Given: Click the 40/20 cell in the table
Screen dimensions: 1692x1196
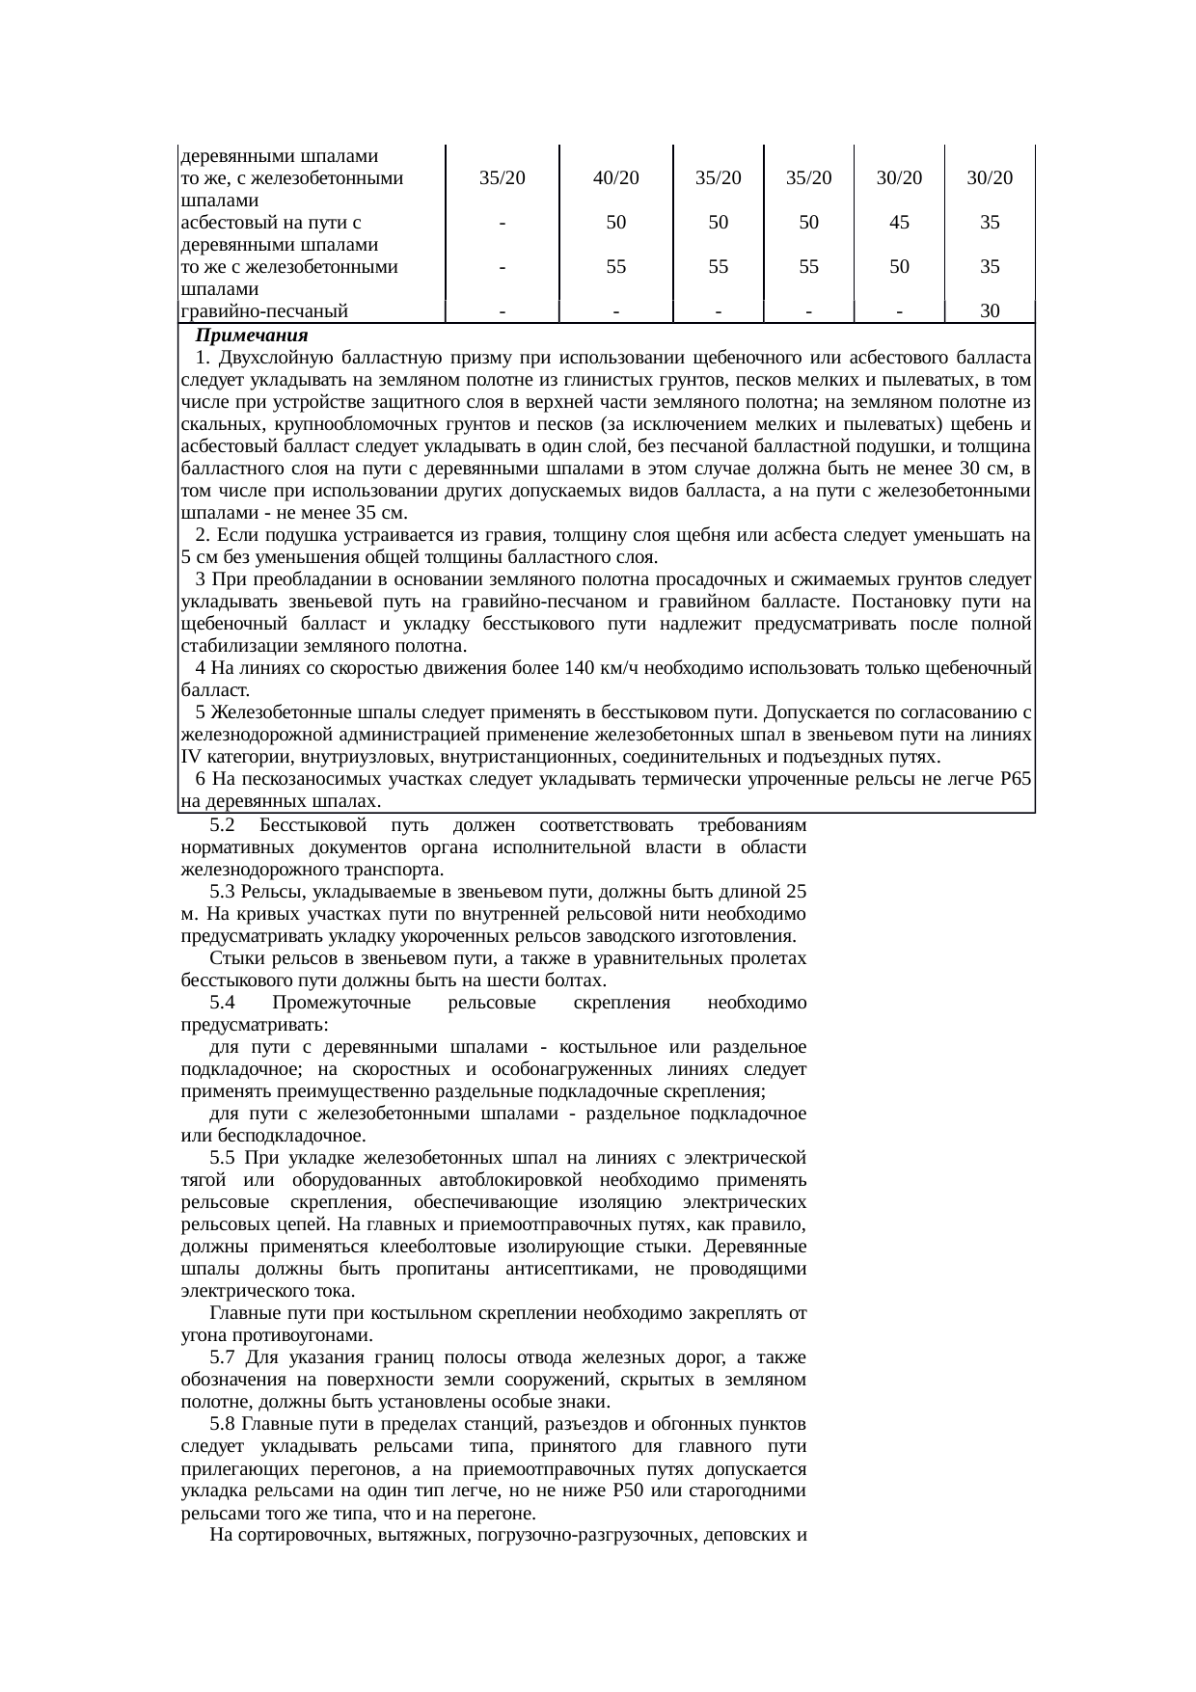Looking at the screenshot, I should (616, 177).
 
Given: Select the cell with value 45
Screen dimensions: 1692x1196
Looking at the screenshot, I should (898, 222).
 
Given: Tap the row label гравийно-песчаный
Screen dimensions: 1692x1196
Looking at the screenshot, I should (264, 310).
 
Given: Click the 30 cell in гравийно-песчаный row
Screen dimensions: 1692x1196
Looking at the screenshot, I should (989, 310).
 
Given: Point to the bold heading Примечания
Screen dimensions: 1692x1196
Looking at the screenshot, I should (251, 336).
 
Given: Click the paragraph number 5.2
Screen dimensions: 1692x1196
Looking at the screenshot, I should (222, 826).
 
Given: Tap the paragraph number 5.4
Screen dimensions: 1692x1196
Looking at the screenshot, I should (222, 1003).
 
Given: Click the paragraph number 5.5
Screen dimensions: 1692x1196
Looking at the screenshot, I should (222, 1157).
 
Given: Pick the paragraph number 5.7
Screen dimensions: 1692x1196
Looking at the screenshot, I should (222, 1357).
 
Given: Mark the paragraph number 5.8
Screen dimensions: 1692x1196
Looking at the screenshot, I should (222, 1424).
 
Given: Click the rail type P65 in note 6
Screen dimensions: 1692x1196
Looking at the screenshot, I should (1017, 779).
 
